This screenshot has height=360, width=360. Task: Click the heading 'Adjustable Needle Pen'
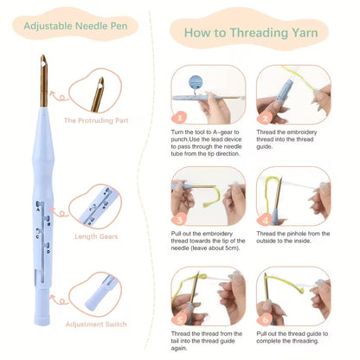pos(75,26)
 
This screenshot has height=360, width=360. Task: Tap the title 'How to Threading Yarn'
pos(251,33)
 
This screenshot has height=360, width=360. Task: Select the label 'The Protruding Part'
pos(96,120)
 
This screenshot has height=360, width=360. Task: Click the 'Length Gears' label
pos(96,236)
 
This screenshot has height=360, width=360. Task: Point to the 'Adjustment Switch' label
pos(96,325)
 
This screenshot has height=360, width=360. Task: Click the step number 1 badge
pos(179,118)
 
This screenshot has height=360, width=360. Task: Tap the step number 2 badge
pos(265,118)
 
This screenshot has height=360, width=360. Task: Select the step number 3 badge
pos(179,220)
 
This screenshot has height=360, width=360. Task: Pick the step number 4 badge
pos(265,220)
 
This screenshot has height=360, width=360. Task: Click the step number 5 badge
pos(179,319)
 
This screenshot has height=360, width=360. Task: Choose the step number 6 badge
pos(265,319)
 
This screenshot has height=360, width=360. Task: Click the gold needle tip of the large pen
pos(43,55)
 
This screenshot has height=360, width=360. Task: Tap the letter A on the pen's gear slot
pos(38,210)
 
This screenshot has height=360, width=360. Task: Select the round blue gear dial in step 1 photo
pos(195,82)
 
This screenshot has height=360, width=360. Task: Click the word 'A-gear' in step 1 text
pos(223,132)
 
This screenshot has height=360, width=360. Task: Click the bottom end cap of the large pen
pos(42,320)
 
